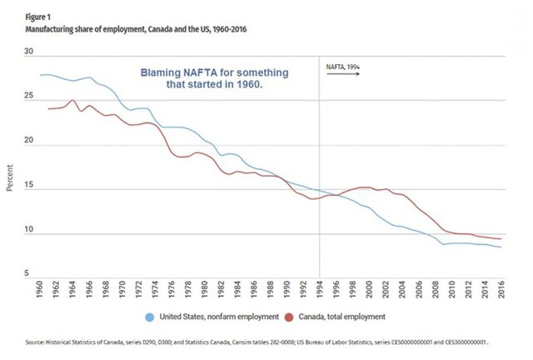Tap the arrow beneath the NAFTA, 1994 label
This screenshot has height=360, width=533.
click(342, 73)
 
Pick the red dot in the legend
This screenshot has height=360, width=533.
click(290, 317)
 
